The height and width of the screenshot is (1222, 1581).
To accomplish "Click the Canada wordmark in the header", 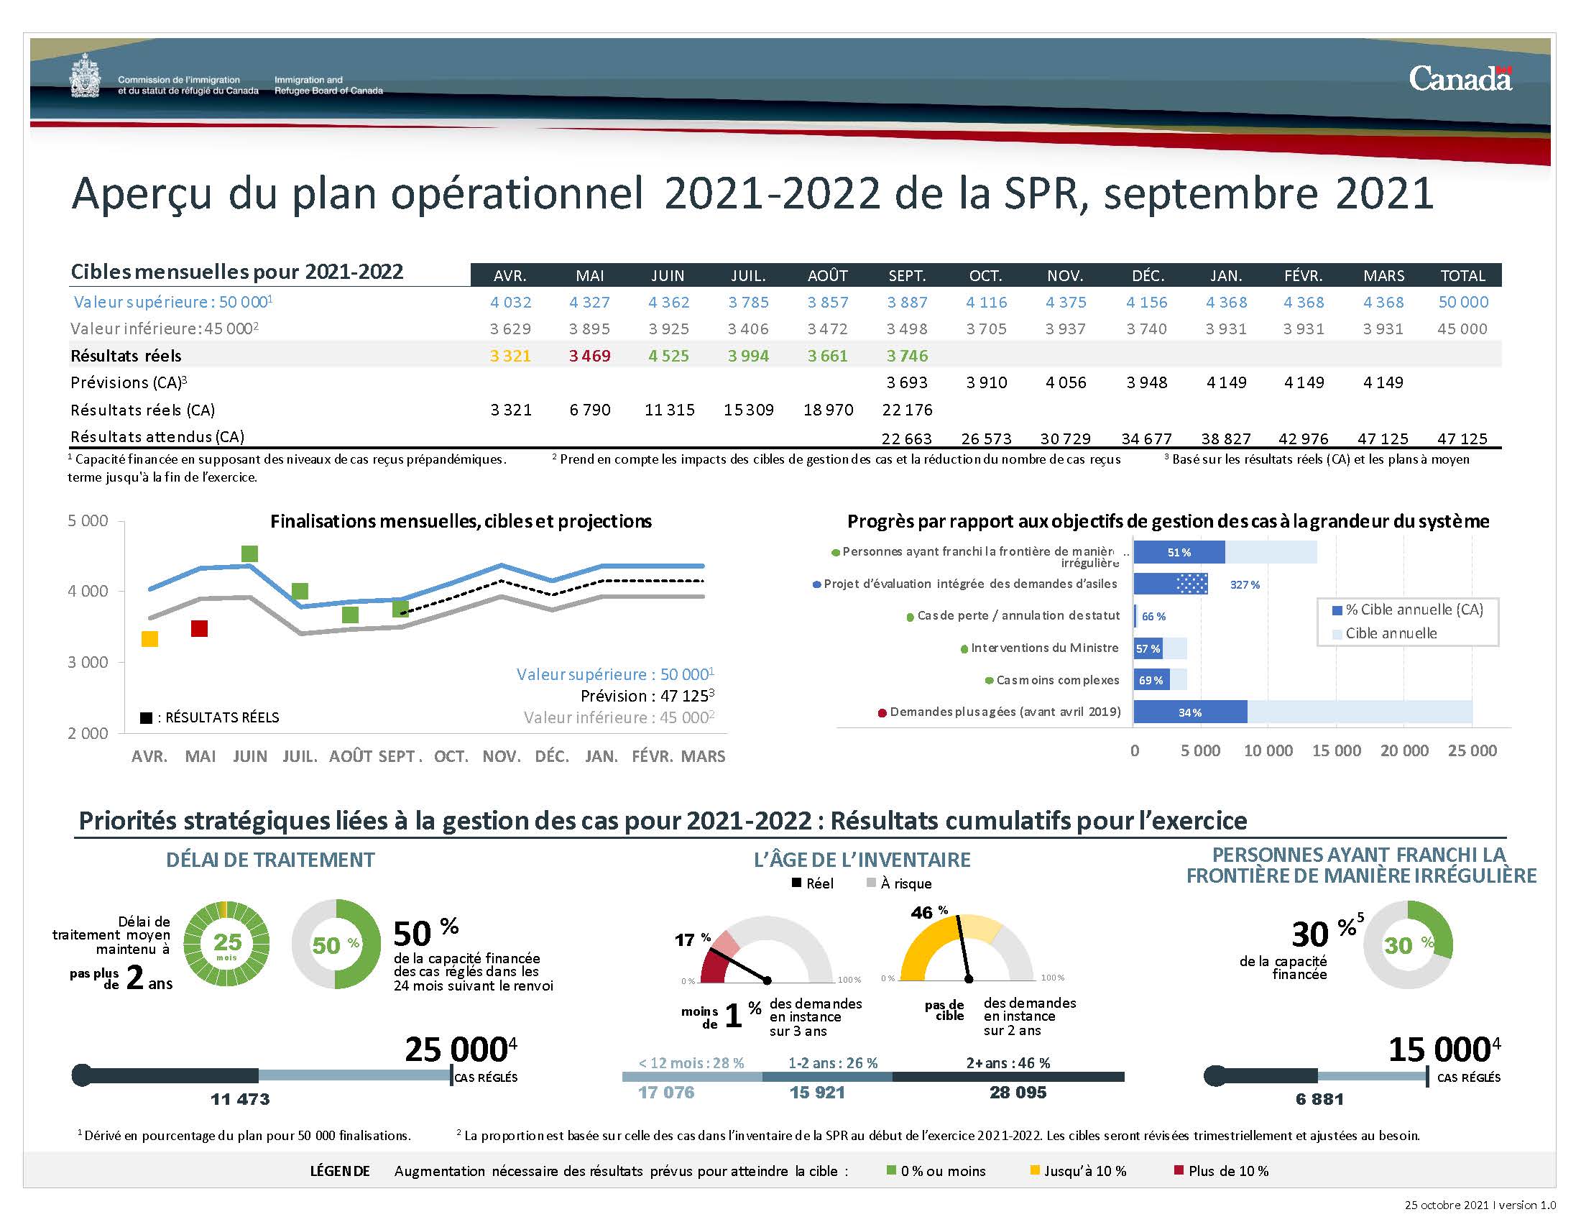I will pos(1460,79).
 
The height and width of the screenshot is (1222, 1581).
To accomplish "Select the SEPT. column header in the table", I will pos(907,276).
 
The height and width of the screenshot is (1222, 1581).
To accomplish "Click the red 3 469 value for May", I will pos(589,356).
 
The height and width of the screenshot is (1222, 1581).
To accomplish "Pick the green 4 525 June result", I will pos(668,356).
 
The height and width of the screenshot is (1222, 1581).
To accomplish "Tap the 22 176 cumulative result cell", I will pos(907,410).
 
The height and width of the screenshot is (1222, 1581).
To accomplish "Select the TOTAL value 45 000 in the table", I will pos(1462,329).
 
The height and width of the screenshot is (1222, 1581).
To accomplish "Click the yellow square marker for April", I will pos(149,638).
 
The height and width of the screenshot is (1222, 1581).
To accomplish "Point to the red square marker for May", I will pos(199,628).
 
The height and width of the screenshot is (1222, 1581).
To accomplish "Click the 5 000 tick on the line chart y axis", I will pos(88,521).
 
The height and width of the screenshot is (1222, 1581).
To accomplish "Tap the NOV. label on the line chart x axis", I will pos(501,756).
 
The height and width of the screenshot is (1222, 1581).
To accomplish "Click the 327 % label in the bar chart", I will pos(1245,585).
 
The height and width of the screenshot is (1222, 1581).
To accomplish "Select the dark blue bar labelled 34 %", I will pos(1190,712).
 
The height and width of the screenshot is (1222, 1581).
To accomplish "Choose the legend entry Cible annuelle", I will pos(1390,633).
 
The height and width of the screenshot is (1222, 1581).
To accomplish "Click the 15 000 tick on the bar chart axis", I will pos(1337,750).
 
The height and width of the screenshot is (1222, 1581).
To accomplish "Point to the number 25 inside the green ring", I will pos(227,941).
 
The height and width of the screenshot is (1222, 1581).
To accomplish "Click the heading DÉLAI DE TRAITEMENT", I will pos(270,860).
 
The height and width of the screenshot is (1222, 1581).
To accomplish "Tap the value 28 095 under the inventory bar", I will pos(1018,1093).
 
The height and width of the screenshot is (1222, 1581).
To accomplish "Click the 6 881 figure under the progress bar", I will pos(1319,1099).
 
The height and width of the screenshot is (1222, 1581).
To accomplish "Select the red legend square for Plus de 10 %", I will pos(1179,1170).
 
